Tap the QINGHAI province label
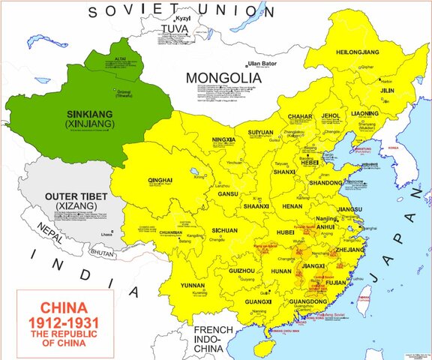pyautogui.click(x=161, y=181)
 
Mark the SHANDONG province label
pyautogui.click(x=325, y=182)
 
